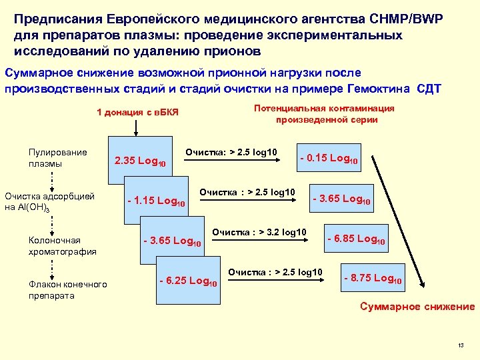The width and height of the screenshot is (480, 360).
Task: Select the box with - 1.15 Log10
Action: [156, 201]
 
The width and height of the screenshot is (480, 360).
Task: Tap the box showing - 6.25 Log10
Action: [188, 281]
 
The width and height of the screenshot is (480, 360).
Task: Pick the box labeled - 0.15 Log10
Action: [329, 159]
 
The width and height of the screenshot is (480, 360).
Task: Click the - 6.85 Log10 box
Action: [356, 239]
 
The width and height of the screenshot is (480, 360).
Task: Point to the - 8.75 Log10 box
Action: [372, 279]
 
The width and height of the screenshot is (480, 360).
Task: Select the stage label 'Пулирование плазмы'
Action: [57, 157]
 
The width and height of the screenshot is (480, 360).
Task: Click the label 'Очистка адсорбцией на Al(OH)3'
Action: [49, 201]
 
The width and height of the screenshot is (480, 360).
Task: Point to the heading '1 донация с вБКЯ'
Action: [138, 112]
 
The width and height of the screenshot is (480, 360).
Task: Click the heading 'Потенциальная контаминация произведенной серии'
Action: [327, 114]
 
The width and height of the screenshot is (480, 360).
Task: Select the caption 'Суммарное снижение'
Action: [417, 307]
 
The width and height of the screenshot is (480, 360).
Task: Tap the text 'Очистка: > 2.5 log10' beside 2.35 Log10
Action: [231, 153]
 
